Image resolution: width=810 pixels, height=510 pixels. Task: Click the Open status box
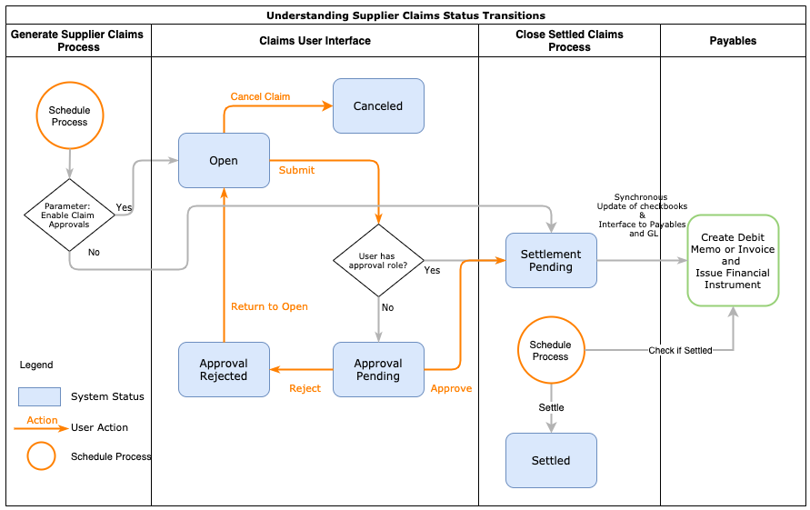click(x=224, y=161)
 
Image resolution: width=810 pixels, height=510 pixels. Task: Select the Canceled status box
click(x=378, y=106)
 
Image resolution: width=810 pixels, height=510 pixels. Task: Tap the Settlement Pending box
click(x=551, y=261)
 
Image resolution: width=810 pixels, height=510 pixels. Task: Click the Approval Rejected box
click(x=224, y=370)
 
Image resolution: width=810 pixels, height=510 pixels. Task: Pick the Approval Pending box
click(x=378, y=370)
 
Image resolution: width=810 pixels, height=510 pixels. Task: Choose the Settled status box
click(x=551, y=461)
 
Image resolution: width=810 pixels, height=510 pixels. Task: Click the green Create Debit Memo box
click(x=733, y=261)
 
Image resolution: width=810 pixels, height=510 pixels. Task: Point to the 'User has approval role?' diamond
click(x=378, y=260)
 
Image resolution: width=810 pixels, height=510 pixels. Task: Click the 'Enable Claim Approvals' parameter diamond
click(x=69, y=215)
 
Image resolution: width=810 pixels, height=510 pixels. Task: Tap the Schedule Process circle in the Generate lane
click(x=69, y=116)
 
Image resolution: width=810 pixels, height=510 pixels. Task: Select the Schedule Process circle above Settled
click(x=551, y=351)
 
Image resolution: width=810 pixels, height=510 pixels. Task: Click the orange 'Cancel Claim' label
click(x=260, y=96)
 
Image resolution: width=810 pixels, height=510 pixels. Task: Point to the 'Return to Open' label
click(x=269, y=306)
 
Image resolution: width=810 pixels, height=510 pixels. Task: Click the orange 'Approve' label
click(x=451, y=388)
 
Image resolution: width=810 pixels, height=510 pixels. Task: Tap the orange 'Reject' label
click(x=305, y=388)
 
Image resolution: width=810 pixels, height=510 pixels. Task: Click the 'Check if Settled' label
click(x=680, y=350)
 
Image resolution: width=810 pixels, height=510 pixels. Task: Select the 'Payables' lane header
click(x=733, y=41)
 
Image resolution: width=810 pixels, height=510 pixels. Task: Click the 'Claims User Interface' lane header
click(x=315, y=41)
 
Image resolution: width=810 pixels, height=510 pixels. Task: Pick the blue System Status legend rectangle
click(x=40, y=396)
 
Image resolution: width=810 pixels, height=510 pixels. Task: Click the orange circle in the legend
click(x=41, y=455)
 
